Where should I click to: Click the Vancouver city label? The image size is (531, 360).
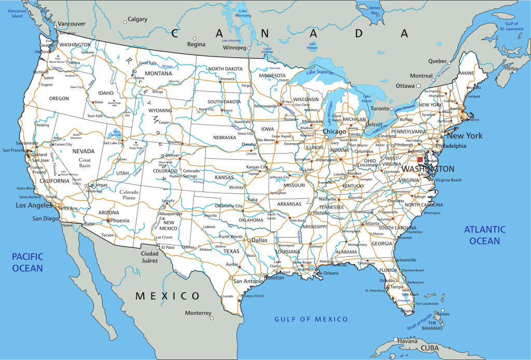click(x=71, y=24)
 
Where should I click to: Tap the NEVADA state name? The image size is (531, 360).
click(x=83, y=151)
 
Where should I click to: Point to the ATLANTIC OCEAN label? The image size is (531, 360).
click(x=485, y=234)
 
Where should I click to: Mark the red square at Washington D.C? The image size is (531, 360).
click(x=420, y=160)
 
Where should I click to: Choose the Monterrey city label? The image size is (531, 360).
click(x=198, y=313)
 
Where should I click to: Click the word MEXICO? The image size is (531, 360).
click(x=167, y=296)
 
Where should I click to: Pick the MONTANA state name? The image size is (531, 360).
click(x=158, y=74)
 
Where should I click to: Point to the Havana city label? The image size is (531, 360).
click(x=410, y=340)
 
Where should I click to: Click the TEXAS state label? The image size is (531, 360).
click(x=231, y=251)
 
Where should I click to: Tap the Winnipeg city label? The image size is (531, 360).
click(x=234, y=48)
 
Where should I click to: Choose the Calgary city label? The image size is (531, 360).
click(x=137, y=20)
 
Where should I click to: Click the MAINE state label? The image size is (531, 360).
click(x=466, y=73)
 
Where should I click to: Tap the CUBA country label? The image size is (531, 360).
click(x=429, y=348)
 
